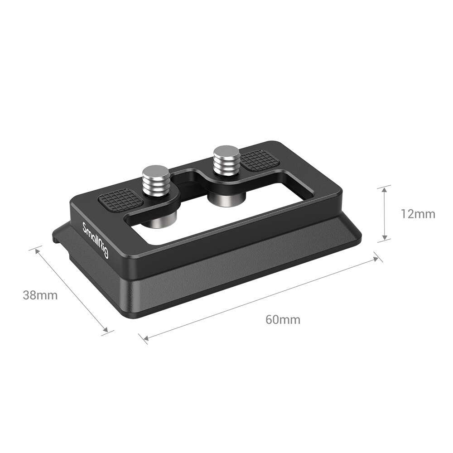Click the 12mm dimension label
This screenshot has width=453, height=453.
click(x=417, y=213)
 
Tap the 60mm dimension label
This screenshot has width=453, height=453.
click(x=283, y=319)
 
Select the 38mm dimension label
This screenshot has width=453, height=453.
click(x=40, y=295)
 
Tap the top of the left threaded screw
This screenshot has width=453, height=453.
click(x=156, y=172)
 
